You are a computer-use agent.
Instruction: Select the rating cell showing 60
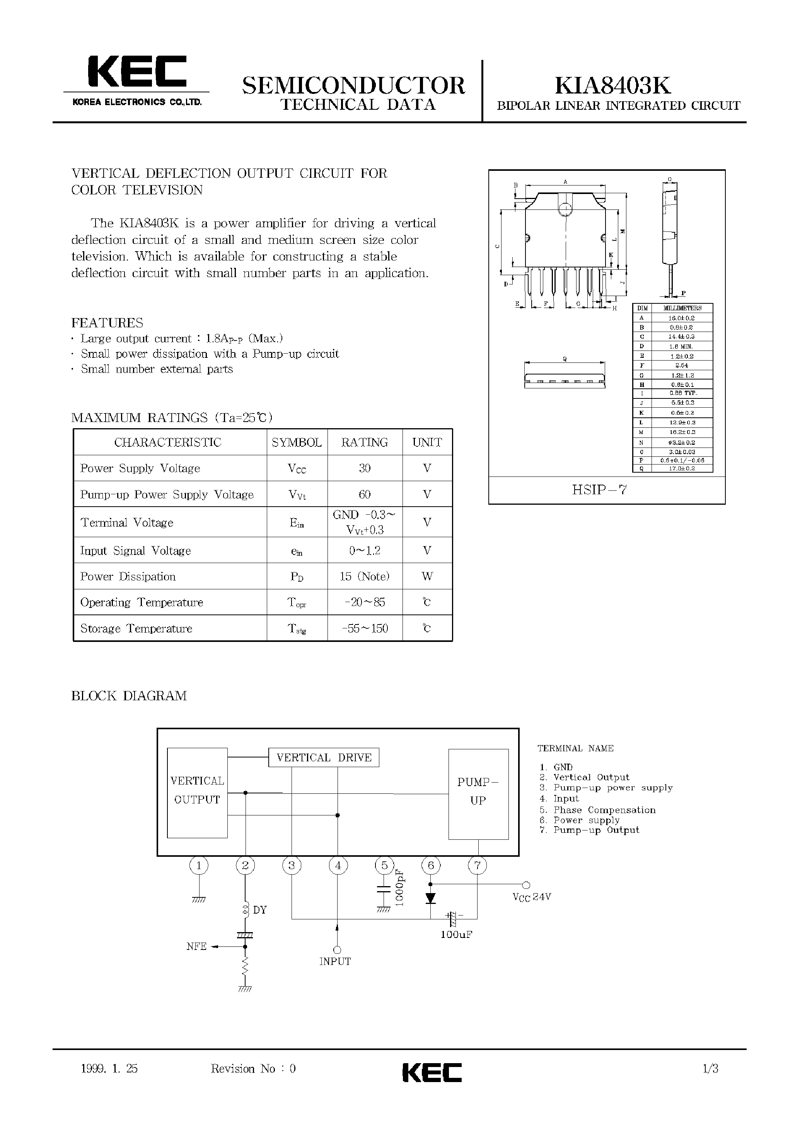tap(365, 494)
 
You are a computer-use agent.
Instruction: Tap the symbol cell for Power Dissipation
tap(297, 577)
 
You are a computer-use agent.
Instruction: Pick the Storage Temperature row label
tap(136, 629)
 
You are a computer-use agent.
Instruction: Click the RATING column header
tap(365, 442)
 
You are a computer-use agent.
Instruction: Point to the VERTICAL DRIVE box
tap(324, 758)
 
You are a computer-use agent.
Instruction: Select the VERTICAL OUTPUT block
tap(197, 791)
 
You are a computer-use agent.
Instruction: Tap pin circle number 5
tap(384, 866)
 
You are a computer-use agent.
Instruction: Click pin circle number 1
tap(198, 866)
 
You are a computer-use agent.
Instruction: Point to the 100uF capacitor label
tap(456, 934)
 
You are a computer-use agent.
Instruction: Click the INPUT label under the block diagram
tap(335, 962)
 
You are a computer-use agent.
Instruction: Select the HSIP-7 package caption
tap(599, 490)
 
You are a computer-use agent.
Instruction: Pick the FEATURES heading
tap(107, 323)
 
